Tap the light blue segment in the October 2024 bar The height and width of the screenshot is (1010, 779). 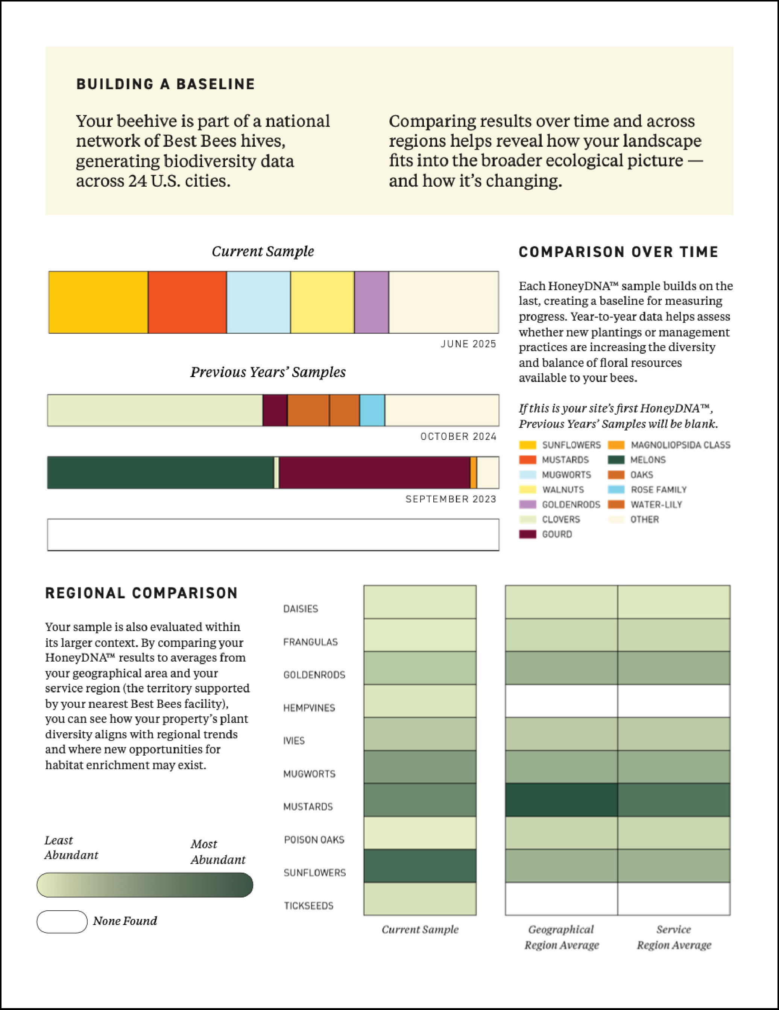pos(372,410)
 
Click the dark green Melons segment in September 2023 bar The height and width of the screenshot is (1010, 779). pos(160,473)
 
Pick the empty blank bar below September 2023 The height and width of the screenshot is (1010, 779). pos(273,535)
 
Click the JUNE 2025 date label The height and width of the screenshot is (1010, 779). pos(468,344)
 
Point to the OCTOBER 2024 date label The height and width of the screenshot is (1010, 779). pos(458,437)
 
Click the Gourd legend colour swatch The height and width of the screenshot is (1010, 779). pos(527,534)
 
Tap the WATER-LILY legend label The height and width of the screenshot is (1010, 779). pos(656,505)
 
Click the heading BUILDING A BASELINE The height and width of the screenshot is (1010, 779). pos(166,84)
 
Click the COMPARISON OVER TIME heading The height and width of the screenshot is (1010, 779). pos(618,252)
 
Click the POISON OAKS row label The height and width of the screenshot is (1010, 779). pos(314,840)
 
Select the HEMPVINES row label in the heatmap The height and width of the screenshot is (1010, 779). pos(309,708)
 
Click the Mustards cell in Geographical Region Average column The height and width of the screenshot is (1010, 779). pos(561,800)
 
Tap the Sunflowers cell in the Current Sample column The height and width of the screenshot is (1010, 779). pos(420,866)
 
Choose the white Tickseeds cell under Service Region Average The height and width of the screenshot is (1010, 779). pos(674,899)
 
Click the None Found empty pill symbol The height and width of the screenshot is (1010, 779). pos(62,922)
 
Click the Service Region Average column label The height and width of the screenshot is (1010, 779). pos(674,937)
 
